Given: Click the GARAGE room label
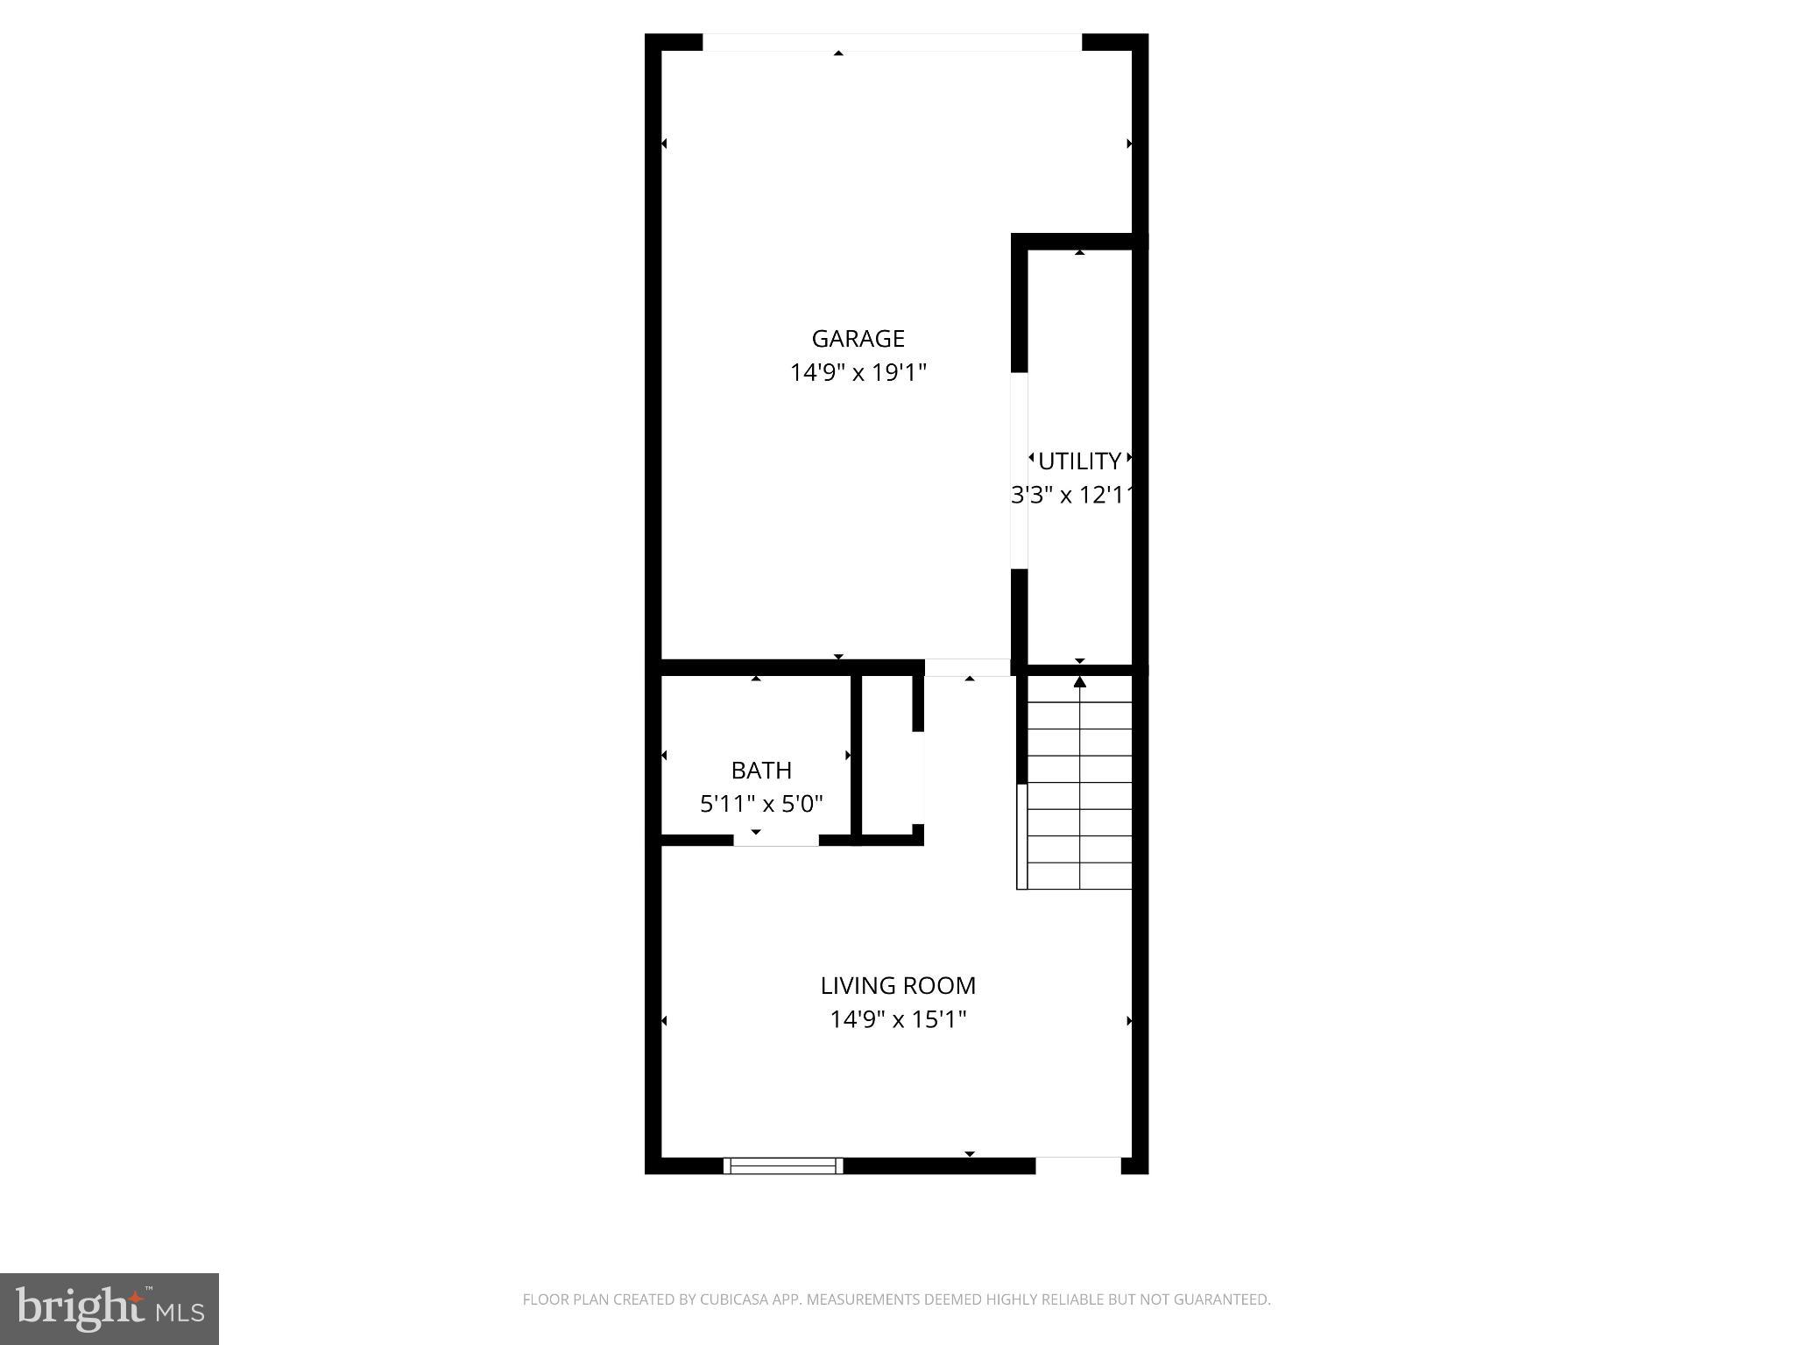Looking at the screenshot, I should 858,338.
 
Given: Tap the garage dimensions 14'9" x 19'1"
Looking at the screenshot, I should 858,373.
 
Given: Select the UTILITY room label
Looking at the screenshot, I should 1079,461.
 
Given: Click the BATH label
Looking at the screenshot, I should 761,771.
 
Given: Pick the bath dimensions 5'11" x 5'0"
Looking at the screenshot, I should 761,804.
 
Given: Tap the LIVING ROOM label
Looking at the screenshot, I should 898,986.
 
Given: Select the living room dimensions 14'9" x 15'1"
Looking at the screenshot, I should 898,1020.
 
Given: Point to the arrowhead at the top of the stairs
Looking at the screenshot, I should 1080,682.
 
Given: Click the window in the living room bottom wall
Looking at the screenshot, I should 783,1165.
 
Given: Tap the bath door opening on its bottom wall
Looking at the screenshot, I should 776,841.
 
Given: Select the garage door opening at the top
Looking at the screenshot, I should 892,42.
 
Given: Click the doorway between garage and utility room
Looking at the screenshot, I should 1020,470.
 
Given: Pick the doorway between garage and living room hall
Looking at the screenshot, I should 967,667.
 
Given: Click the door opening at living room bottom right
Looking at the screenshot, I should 1078,1165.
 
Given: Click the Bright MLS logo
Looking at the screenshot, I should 109,1308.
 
